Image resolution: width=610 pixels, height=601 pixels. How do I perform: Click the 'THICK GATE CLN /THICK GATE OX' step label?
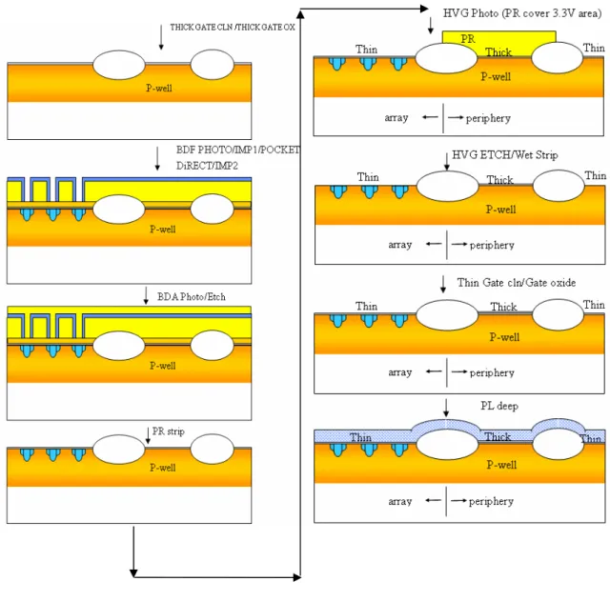[233, 28]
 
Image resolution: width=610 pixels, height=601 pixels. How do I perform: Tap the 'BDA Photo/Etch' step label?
[192, 297]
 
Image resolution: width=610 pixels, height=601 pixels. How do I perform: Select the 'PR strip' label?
[168, 431]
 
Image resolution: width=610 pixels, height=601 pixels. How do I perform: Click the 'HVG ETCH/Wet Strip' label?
[504, 155]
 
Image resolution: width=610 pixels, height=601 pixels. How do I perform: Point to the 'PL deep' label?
[499, 406]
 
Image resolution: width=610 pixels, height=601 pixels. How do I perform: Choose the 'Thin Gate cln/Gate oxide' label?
[517, 283]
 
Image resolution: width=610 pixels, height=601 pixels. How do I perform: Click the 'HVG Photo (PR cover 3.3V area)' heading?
[522, 13]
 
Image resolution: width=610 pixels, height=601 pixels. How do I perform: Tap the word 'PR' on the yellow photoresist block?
[468, 39]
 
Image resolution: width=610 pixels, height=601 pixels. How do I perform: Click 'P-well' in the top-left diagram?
[159, 88]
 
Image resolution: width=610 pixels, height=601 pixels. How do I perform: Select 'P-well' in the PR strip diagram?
[163, 468]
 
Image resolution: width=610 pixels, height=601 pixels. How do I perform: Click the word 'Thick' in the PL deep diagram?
[498, 437]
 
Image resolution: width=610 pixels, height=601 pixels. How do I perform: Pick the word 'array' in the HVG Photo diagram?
[396, 118]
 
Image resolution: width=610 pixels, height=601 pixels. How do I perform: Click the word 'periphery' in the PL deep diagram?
[491, 502]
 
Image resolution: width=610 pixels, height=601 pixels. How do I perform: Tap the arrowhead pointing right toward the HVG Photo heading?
[424, 9]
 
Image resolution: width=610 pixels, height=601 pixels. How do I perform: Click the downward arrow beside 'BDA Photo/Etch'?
[146, 295]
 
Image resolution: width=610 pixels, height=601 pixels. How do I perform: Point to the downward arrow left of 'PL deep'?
[446, 408]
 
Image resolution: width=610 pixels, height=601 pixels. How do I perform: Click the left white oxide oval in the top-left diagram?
[118, 65]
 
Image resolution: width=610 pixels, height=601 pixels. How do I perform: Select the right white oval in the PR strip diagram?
[212, 449]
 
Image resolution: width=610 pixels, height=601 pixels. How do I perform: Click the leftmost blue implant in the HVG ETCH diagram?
[338, 191]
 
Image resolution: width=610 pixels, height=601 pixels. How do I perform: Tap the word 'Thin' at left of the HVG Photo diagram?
[366, 50]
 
